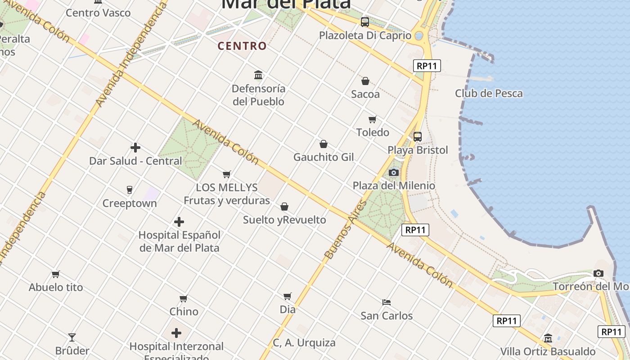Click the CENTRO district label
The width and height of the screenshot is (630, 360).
tap(242, 46)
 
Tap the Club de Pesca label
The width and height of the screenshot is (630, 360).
tap(489, 94)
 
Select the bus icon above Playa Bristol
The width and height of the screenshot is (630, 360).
tap(418, 137)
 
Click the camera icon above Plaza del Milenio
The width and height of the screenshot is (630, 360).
tap(394, 172)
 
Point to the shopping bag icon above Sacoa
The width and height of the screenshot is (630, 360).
tap(365, 81)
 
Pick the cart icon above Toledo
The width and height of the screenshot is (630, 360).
tap(372, 120)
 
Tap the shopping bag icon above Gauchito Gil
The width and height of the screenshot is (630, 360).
tap(323, 144)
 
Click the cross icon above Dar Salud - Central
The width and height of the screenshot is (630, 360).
tap(135, 148)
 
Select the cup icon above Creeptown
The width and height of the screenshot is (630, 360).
tap(130, 190)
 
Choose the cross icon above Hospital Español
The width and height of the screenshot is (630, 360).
tap(179, 222)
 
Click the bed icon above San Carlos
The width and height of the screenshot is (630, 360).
tap(387, 302)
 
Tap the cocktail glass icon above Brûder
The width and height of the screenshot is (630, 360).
tap(72, 337)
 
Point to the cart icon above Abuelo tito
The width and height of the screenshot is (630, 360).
tap(56, 274)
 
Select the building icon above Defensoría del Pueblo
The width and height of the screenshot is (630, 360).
tap(258, 75)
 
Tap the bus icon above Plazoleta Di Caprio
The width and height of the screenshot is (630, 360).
tap(365, 22)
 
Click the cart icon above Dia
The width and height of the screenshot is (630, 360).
tap(288, 296)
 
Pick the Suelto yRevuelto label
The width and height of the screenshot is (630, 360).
tap(284, 220)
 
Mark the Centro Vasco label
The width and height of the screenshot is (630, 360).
tap(98, 13)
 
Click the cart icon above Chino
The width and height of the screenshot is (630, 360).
tap(184, 298)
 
